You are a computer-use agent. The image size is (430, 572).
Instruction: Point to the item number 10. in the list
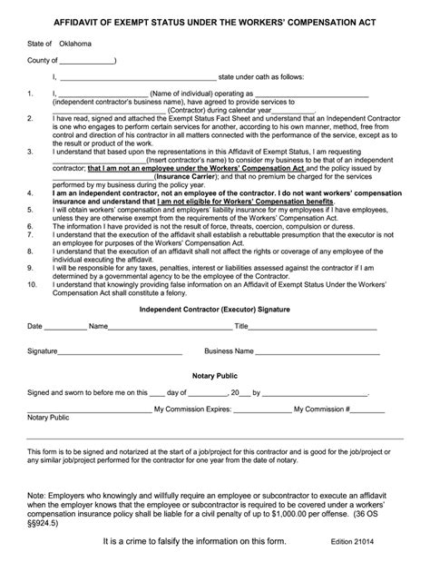(33, 284)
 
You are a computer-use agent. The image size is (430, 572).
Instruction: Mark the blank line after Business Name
(322, 352)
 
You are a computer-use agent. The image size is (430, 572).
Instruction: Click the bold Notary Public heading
(213, 374)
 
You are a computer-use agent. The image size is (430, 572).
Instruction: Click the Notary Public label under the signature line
(48, 419)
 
